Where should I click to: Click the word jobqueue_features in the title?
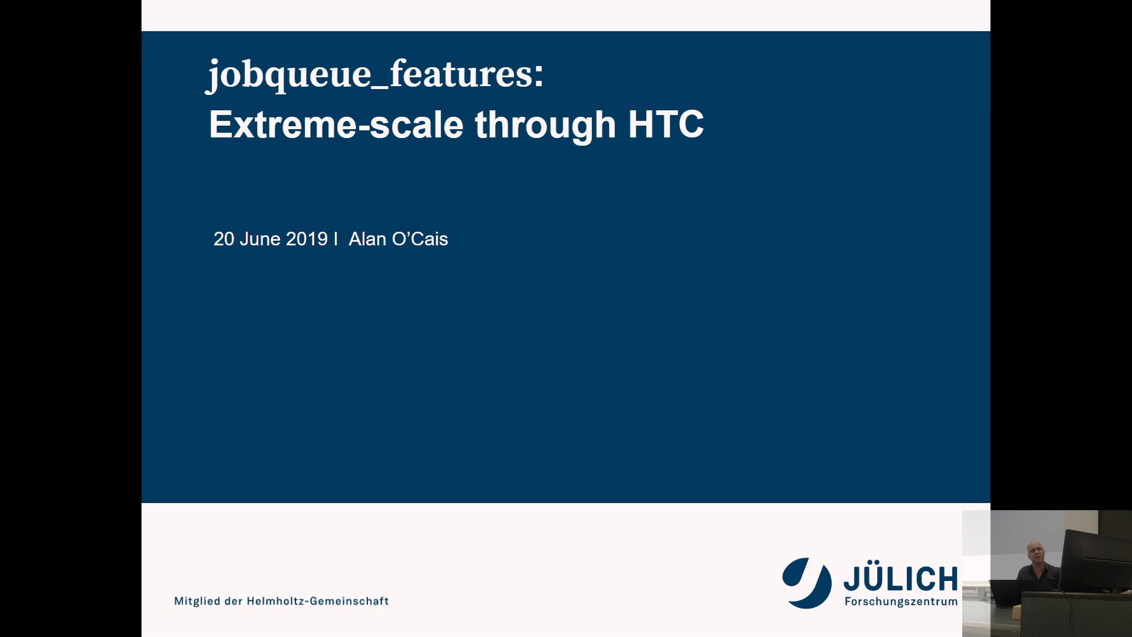[368, 75]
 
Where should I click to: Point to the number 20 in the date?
[223, 239]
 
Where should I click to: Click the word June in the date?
[260, 239]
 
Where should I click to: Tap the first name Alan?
[367, 239]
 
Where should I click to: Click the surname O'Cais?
[420, 239]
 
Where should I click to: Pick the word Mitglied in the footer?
[197, 601]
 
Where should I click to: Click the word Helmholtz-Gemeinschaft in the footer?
[317, 601]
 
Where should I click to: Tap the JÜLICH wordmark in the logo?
[900, 579]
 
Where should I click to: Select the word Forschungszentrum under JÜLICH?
[901, 602]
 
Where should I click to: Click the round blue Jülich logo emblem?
[807, 583]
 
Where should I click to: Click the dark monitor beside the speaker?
[1095, 560]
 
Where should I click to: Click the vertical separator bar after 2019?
[335, 239]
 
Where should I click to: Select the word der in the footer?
[233, 601]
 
